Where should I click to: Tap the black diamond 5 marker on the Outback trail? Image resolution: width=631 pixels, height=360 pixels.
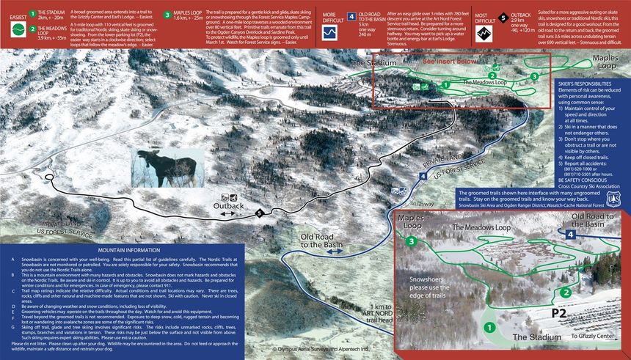(x=258, y=213)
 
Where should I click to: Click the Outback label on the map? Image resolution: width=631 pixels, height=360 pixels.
(x=227, y=207)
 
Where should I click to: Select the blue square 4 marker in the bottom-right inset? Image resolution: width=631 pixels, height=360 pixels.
(x=570, y=234)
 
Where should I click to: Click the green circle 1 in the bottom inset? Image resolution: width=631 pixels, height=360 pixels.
(x=490, y=327)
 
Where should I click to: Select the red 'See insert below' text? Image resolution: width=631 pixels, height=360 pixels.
(x=449, y=62)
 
